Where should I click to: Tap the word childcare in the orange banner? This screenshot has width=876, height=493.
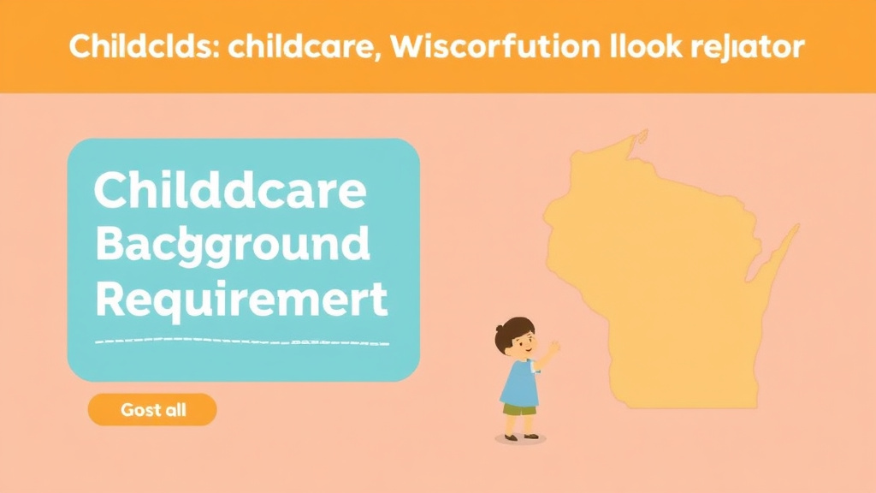pyautogui.click(x=274, y=47)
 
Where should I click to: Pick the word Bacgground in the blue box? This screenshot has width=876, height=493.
pyautogui.click(x=233, y=246)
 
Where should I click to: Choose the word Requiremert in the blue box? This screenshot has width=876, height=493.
pyautogui.click(x=240, y=300)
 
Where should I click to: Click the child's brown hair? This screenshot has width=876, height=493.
pyautogui.click(x=514, y=329)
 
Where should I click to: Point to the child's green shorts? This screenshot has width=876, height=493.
pyautogui.click(x=518, y=408)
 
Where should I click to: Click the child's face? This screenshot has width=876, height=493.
pyautogui.click(x=522, y=344)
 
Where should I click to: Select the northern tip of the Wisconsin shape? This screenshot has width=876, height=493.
pyautogui.click(x=638, y=136)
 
